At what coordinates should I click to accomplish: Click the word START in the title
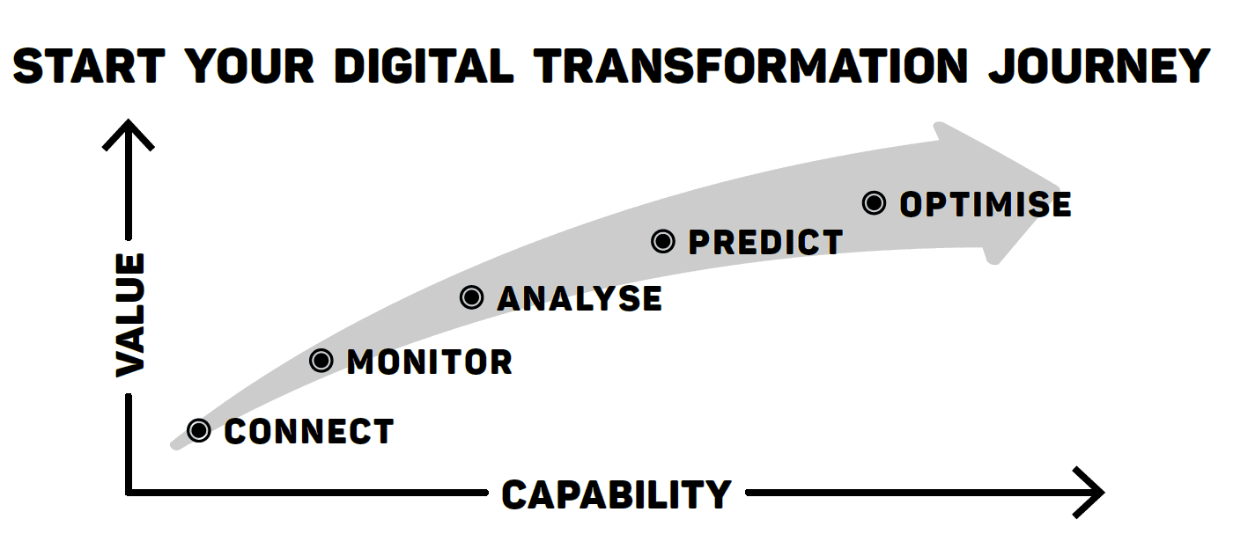(89, 66)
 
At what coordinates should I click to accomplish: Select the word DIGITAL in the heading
(424, 66)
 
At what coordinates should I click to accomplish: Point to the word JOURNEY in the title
(1099, 66)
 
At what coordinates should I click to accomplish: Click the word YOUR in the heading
(249, 66)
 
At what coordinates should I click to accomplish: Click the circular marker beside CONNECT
(199, 430)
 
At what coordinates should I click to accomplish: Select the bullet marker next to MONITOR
(321, 361)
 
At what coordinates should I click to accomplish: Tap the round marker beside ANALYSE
(472, 297)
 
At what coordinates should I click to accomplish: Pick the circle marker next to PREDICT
(662, 241)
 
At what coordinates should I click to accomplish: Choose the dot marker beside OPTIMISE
(874, 203)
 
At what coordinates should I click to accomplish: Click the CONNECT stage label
(309, 431)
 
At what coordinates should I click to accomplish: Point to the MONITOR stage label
(430, 362)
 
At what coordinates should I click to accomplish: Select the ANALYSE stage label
(580, 298)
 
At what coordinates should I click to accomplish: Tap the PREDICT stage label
(765, 242)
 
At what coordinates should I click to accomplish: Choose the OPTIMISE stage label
(986, 204)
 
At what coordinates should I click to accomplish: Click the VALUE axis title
(130, 315)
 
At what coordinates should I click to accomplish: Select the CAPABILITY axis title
(616, 494)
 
